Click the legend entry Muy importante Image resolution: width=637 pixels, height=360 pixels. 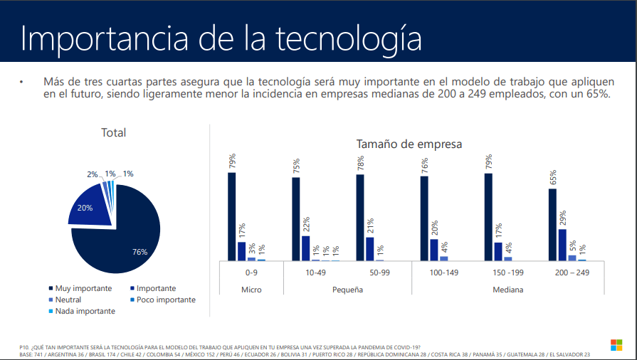tap(83, 288)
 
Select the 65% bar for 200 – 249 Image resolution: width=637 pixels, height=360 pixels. tap(552, 225)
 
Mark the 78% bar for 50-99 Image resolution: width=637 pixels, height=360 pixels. tap(360, 218)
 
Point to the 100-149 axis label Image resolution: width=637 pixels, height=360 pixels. tap(443, 272)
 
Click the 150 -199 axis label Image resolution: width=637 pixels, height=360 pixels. tap(507, 272)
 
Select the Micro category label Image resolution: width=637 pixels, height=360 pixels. tap(251, 290)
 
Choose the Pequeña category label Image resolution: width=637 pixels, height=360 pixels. tap(347, 290)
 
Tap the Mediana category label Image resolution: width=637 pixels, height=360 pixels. tap(507, 290)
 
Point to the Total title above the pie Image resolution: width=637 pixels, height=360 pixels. tap(113, 132)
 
